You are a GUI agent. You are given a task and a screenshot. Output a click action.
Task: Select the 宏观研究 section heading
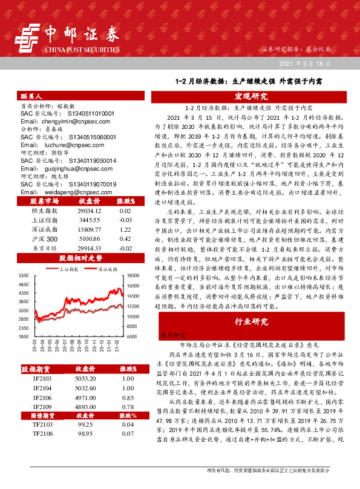250,96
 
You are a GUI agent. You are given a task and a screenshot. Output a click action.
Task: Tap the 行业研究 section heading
250,321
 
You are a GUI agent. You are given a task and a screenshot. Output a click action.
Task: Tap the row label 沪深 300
44,240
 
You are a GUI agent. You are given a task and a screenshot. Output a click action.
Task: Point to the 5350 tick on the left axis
24,275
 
